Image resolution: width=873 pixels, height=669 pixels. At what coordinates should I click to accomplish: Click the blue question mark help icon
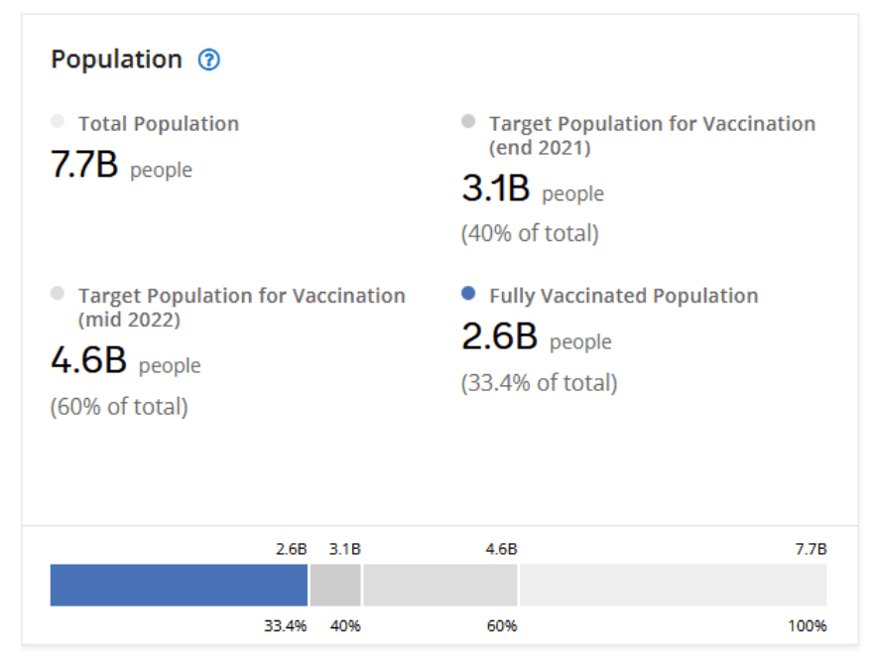208,60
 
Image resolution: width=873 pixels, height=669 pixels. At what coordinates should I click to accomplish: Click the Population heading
116,60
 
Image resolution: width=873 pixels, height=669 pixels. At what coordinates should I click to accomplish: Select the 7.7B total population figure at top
84,166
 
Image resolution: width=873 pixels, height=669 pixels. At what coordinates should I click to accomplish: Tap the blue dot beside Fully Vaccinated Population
468,294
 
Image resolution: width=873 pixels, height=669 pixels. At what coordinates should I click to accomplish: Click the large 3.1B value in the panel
496,189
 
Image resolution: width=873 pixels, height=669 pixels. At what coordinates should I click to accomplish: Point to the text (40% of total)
530,234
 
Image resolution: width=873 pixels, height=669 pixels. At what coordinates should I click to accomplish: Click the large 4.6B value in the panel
88,360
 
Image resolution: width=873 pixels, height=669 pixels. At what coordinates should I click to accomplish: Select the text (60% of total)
119,406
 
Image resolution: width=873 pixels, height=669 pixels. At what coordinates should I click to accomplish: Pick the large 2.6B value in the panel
499,337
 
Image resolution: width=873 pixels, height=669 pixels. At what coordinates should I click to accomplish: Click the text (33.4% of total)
539,383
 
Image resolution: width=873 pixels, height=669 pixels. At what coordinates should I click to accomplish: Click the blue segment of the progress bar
179,585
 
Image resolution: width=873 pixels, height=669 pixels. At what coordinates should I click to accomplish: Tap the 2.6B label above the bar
292,549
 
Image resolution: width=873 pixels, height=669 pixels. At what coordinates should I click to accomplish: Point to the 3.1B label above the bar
344,549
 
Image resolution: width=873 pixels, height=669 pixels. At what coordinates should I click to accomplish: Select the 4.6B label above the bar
501,549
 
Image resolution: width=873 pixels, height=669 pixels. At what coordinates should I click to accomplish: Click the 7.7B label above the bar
811,549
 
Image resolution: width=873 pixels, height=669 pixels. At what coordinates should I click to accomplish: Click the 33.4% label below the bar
285,626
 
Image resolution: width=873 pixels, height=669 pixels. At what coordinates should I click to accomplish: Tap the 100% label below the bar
808,626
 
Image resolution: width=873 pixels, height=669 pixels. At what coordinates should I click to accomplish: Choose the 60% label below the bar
501,626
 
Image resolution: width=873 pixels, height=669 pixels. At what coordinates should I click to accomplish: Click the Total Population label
159,124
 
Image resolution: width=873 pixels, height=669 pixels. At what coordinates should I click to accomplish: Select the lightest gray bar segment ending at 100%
673,585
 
